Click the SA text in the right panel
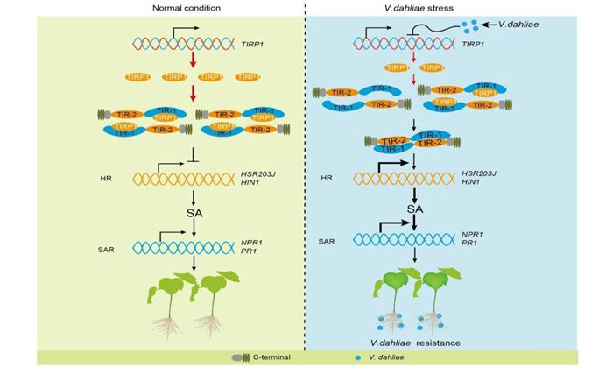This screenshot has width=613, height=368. point(414,210)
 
